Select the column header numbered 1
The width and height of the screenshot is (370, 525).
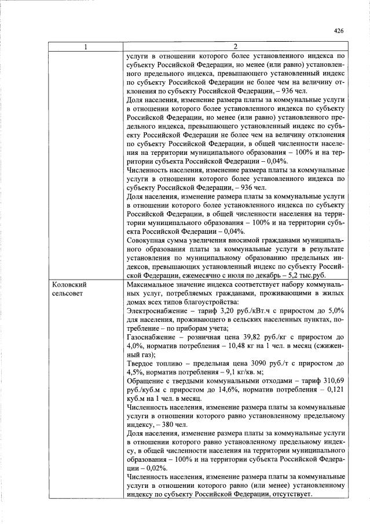[x=86, y=46]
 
